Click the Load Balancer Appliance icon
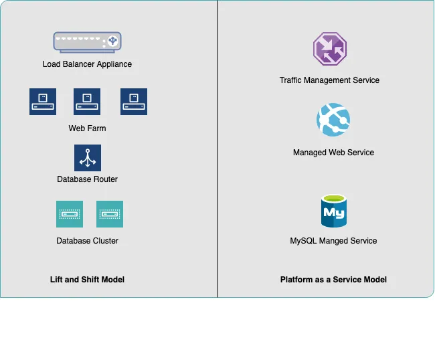click(x=87, y=43)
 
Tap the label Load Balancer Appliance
click(x=87, y=64)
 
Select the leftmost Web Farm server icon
click(x=43, y=102)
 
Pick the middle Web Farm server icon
click(x=87, y=102)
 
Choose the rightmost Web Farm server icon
click(x=134, y=102)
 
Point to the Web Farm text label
click(x=87, y=128)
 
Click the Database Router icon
click(x=88, y=158)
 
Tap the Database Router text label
click(x=87, y=179)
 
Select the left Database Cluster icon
click(x=70, y=214)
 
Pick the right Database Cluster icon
click(x=110, y=214)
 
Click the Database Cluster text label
click(x=87, y=240)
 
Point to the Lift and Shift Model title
click(x=87, y=279)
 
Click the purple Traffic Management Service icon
click(x=329, y=50)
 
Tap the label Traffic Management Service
click(x=329, y=80)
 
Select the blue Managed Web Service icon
click(x=333, y=120)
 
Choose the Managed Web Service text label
click(x=333, y=153)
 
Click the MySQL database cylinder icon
click(x=333, y=211)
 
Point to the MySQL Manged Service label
click(x=333, y=241)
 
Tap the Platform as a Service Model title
click(x=333, y=279)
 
